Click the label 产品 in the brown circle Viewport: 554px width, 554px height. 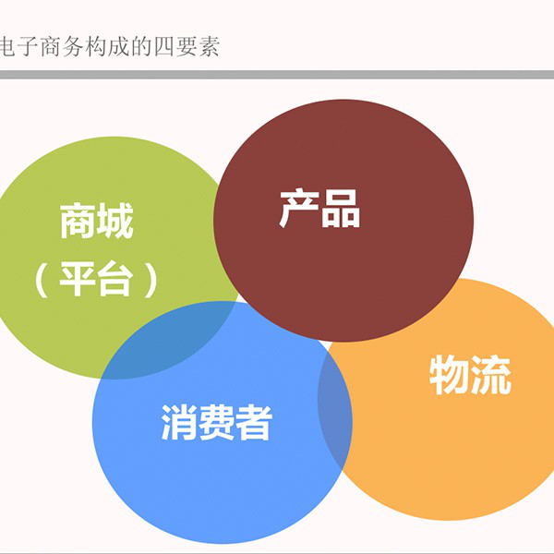(319, 209)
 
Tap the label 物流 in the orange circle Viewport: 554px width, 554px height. (470, 375)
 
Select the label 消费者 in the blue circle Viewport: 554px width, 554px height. (217, 422)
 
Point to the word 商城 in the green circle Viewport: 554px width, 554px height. (96, 221)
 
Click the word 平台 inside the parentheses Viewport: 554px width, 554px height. (96, 279)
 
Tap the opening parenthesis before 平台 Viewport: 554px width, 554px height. (42, 280)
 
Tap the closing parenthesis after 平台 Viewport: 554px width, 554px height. (151, 280)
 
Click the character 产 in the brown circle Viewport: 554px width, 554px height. (299, 209)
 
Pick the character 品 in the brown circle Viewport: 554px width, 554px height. (341, 210)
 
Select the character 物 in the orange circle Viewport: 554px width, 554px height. (449, 375)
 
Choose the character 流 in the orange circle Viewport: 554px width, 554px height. (491, 375)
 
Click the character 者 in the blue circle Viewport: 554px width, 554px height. (254, 422)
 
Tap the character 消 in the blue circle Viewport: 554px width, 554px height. (179, 422)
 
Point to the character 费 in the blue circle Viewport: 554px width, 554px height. (216, 422)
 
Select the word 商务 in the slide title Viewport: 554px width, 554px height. (61, 46)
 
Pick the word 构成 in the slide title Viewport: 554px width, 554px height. (106, 46)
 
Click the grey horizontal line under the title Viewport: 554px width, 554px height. (277, 74)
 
